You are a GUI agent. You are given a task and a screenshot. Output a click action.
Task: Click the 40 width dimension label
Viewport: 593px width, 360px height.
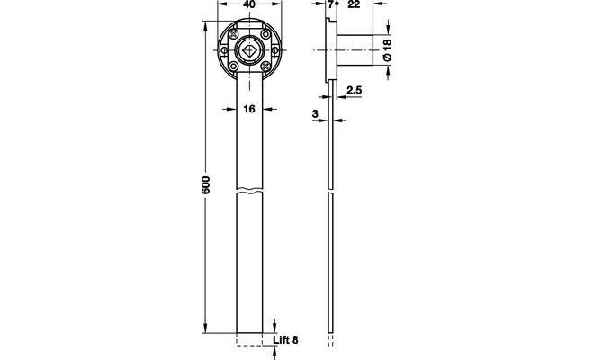coord(249,4)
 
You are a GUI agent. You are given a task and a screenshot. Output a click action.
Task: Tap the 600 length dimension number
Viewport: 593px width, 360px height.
coord(205,184)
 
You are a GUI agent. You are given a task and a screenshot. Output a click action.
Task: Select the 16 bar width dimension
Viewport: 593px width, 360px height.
coord(249,109)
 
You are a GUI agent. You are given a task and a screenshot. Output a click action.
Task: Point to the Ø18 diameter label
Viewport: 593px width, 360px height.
coord(387,49)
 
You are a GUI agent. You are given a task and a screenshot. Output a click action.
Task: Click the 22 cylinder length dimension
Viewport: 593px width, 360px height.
coord(354,4)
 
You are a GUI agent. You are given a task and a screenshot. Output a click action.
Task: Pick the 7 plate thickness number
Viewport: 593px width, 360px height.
coord(331,4)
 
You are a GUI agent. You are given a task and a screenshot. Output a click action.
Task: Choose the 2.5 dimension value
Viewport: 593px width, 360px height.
coord(355,90)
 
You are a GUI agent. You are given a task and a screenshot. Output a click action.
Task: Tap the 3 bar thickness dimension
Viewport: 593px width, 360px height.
coord(316,113)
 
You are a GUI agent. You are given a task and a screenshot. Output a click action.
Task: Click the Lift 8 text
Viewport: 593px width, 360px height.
coord(285,340)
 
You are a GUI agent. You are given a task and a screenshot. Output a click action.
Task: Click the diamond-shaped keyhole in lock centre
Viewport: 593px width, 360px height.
coord(249,50)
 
